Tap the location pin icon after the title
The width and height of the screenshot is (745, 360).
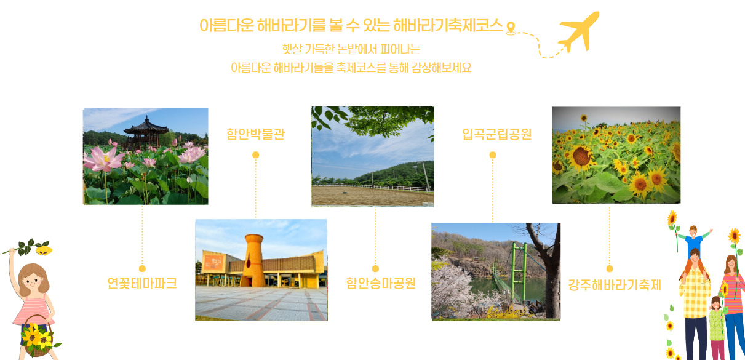click(x=511, y=28)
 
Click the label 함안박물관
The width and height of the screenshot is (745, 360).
click(x=255, y=134)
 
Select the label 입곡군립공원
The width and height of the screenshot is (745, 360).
click(x=497, y=134)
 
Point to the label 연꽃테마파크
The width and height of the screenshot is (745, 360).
click(x=142, y=283)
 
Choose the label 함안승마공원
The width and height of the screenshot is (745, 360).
click(x=381, y=283)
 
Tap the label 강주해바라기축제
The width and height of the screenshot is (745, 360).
click(x=615, y=285)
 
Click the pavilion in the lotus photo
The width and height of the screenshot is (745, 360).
click(x=145, y=132)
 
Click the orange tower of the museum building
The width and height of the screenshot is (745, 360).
click(x=253, y=260)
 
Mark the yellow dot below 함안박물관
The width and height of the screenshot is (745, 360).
click(x=255, y=154)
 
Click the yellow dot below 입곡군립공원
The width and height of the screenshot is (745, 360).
click(x=493, y=154)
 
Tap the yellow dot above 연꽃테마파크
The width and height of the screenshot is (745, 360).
click(x=142, y=268)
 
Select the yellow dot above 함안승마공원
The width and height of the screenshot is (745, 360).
click(x=375, y=268)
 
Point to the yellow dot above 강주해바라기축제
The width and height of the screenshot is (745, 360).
click(x=609, y=268)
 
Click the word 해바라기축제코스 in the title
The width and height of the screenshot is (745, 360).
click(x=448, y=26)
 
